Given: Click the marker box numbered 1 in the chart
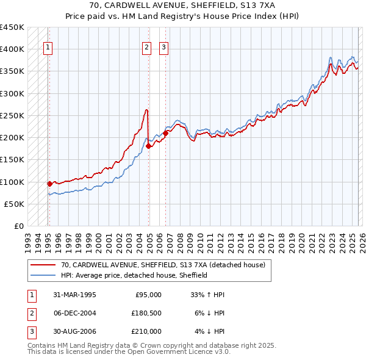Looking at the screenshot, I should [x=48, y=48].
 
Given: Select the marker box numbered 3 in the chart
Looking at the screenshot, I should [x=164, y=48].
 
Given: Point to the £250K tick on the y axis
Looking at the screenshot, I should [x=12, y=115].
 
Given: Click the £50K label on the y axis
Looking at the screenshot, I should [x=14, y=204].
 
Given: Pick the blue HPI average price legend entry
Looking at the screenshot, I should [x=134, y=275].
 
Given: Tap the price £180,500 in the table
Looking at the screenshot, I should [x=146, y=313].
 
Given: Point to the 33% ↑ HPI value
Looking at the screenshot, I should [x=207, y=295].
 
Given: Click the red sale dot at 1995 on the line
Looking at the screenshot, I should [x=49, y=183].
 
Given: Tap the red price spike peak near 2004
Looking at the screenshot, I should [x=147, y=110].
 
